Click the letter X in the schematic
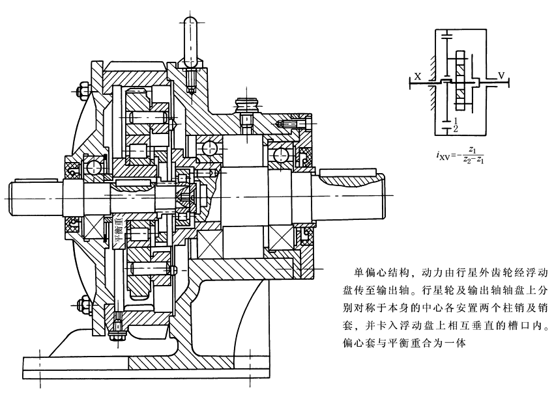[x=418, y=76]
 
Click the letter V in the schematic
[x=501, y=76]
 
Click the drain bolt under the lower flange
[x=117, y=332]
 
